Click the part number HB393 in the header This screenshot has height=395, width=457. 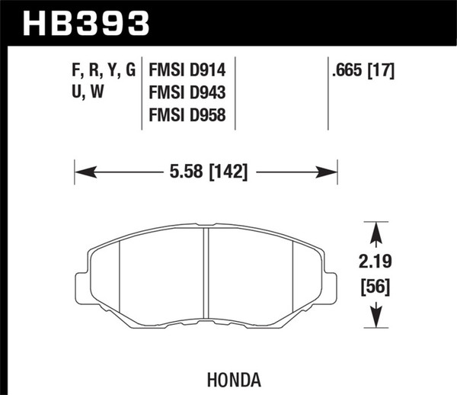pyautogui.click(x=85, y=22)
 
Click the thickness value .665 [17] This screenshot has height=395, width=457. pyautogui.click(x=363, y=71)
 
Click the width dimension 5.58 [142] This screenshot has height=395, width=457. pyautogui.click(x=206, y=172)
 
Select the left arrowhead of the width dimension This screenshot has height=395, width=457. pyautogui.click(x=79, y=172)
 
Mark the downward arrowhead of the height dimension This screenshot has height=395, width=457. pyautogui.click(x=373, y=323)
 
